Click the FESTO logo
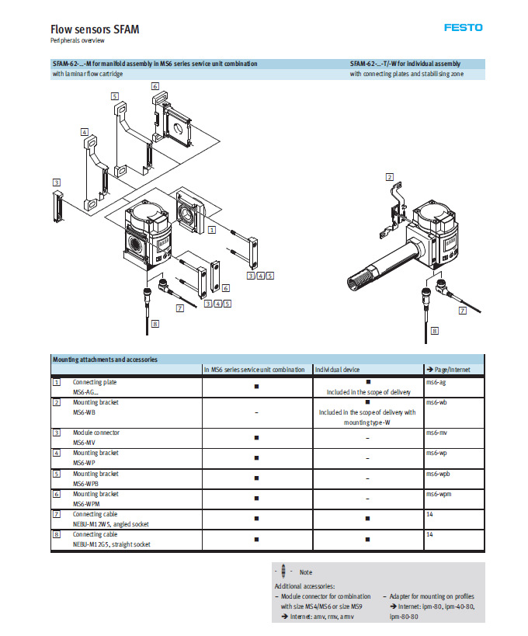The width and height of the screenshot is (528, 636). tap(463, 28)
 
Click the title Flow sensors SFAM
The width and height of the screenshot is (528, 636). tap(96, 30)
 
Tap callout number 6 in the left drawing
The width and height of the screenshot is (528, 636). tap(155, 86)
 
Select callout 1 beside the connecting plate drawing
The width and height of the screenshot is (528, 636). tap(213, 230)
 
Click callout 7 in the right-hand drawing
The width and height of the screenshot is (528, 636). tap(463, 311)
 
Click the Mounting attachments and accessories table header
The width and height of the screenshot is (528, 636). tap(105, 360)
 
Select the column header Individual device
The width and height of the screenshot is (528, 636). tap(339, 370)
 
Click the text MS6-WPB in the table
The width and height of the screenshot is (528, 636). tap(85, 483)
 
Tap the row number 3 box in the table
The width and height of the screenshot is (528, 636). tap(56, 432)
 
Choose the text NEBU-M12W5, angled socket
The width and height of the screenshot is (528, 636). tap(110, 524)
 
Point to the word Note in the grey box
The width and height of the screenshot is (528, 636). tap(306, 572)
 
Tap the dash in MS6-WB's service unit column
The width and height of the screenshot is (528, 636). tap(256, 412)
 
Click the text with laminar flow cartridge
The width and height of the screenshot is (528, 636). tap(88, 74)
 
